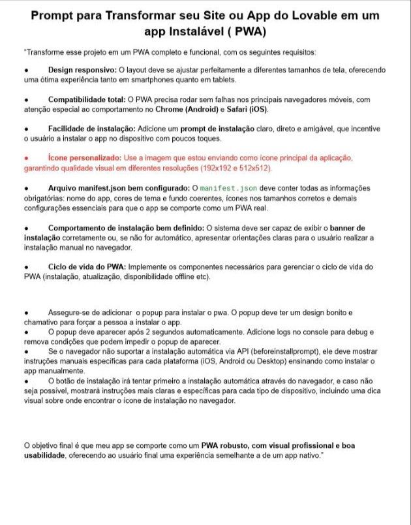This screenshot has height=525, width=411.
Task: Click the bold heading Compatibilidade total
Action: pyautogui.click(x=88, y=100)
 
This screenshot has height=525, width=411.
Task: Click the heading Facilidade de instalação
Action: pyautogui.click(x=92, y=129)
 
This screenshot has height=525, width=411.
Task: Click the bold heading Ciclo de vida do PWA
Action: pyautogui.click(x=87, y=267)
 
